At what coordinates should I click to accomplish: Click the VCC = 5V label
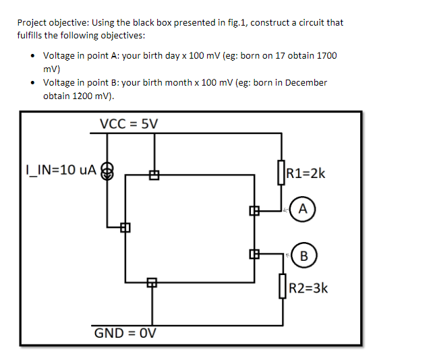point(129,123)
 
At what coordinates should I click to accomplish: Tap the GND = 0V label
point(127,333)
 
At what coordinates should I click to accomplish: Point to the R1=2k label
point(306,173)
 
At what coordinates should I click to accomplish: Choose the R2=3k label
point(308,289)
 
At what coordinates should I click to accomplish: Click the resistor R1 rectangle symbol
point(281,171)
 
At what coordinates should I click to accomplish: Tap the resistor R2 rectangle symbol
point(281,287)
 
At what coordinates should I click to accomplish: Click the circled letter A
point(303,209)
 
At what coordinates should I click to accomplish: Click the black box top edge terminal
point(154,176)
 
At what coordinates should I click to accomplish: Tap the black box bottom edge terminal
point(152,282)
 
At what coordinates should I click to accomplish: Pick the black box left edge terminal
point(124,227)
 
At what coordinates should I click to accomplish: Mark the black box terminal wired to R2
point(254,254)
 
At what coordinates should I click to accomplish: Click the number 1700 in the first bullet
point(326,55)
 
